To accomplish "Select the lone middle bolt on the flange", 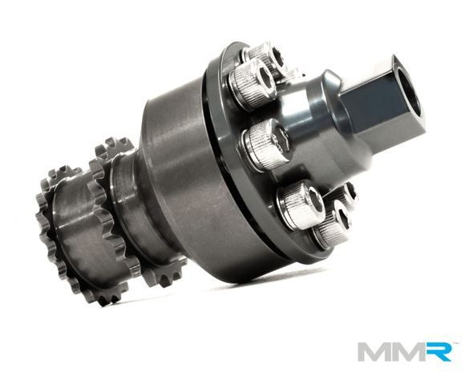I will point(265,144).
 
